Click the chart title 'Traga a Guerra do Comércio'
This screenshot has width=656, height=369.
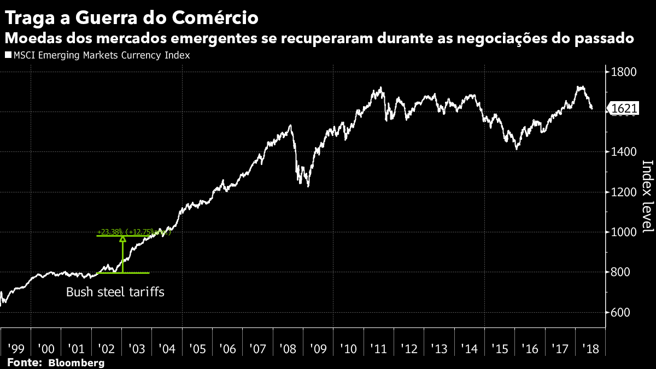(x=131, y=17)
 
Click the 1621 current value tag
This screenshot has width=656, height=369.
(x=624, y=109)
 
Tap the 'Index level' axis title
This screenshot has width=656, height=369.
(x=647, y=203)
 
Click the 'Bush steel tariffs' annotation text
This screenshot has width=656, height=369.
(x=115, y=292)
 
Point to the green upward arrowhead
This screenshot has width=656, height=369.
(x=122, y=238)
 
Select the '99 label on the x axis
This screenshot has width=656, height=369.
(x=15, y=348)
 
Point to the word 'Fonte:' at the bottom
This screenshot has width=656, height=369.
(x=25, y=362)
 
